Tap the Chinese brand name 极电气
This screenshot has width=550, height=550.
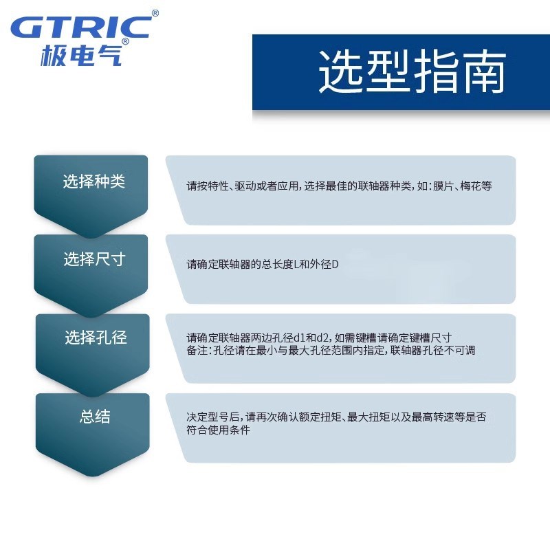pyautogui.click(x=80, y=55)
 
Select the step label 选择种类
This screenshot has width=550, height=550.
pyautogui.click(x=94, y=182)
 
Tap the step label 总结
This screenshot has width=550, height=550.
pyautogui.click(x=95, y=417)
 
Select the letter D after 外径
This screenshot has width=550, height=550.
pyautogui.click(x=335, y=264)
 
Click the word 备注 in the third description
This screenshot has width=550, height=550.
pyautogui.click(x=196, y=350)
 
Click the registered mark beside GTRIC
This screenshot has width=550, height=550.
pyautogui.click(x=155, y=13)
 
